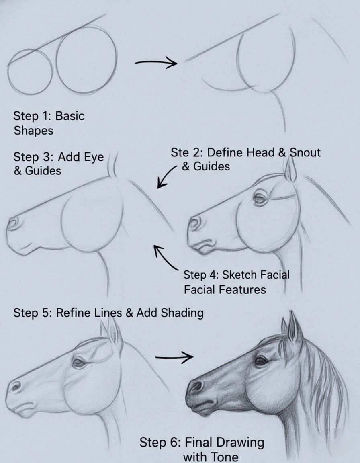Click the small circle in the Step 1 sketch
[8, 73]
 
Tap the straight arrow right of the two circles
[156, 62]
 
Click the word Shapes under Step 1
[33, 131]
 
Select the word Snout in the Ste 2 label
[305, 152]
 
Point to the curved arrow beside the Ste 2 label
[165, 176]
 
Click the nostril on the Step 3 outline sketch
[13, 223]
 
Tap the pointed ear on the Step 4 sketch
[290, 169]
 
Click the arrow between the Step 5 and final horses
[174, 357]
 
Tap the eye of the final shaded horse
[261, 361]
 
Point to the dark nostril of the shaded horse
[195, 386]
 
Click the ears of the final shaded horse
[292, 328]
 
